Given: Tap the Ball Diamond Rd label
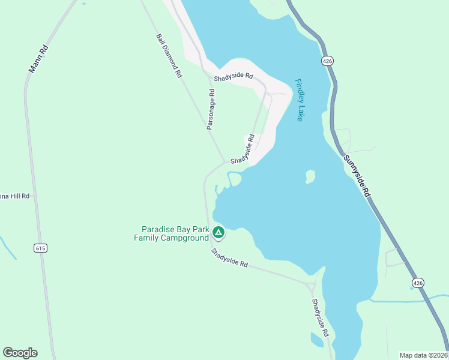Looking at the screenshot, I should (169, 56).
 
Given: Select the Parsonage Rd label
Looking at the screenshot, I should (211, 110).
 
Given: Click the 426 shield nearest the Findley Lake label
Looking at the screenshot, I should (327, 61).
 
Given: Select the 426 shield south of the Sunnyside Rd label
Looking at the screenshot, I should (418, 282).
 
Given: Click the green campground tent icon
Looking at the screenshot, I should (218, 232).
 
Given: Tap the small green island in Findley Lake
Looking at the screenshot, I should (310, 176).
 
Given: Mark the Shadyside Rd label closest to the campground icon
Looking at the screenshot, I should (229, 258).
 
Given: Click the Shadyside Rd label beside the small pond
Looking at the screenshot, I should (321, 317).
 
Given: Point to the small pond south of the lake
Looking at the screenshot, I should (317, 340).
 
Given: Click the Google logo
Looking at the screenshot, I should (20, 353).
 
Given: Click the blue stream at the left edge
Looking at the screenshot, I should (7, 247).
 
